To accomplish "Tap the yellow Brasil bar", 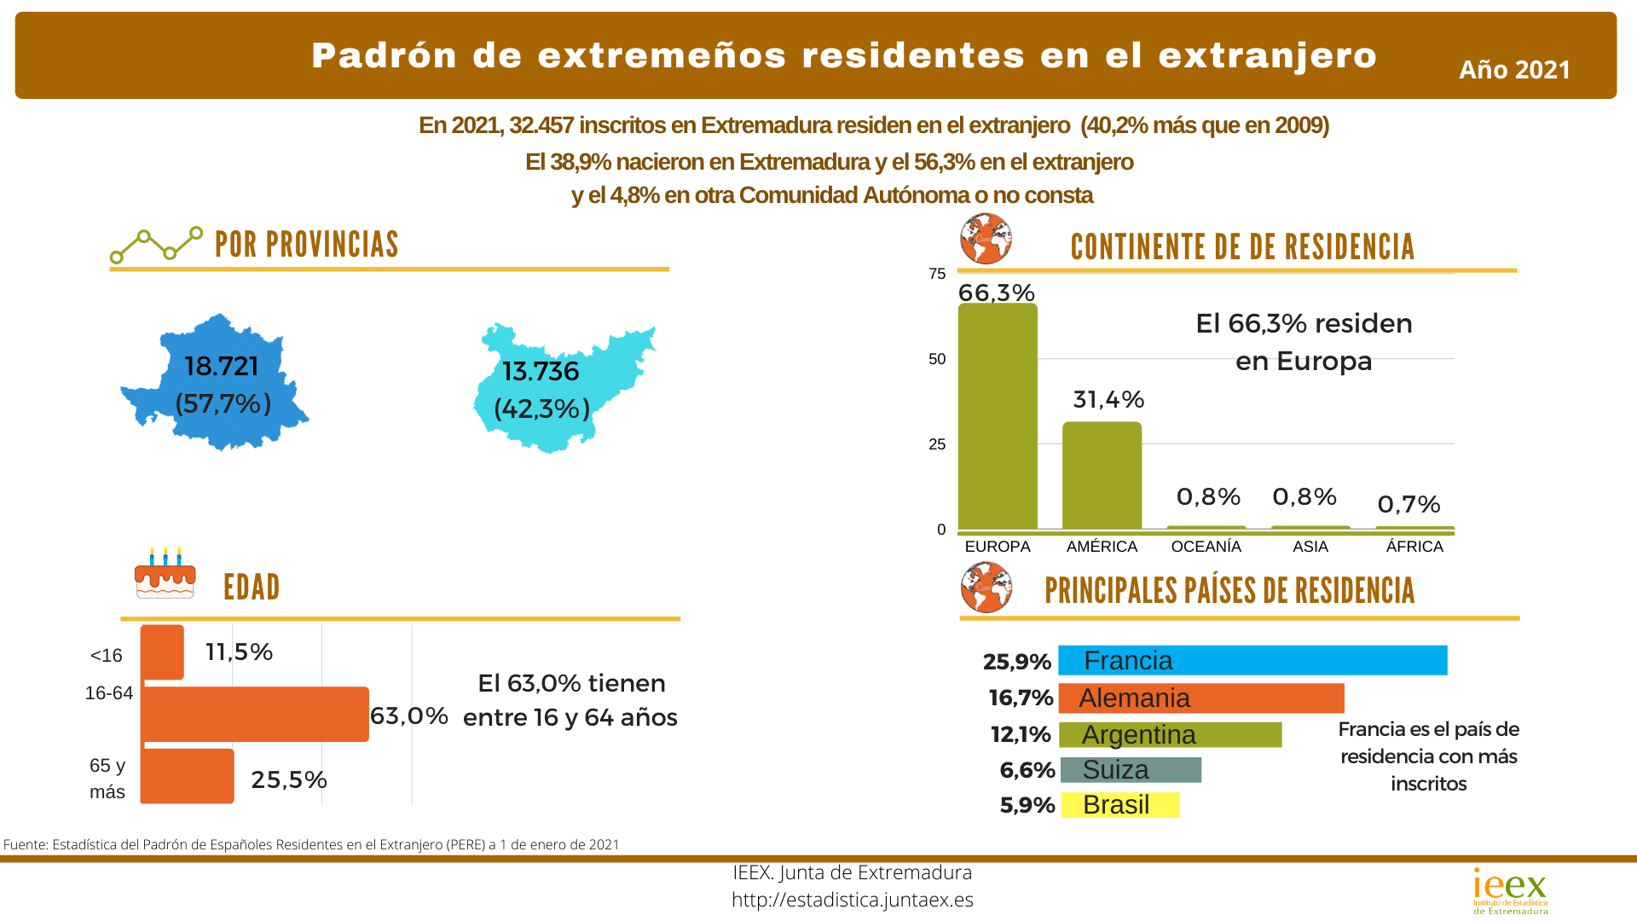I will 1120,805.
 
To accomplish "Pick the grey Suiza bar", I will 1131,770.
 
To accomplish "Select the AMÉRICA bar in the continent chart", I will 1102,475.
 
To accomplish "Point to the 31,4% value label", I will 1108,400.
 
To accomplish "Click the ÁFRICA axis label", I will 1414,547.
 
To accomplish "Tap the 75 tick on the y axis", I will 937,274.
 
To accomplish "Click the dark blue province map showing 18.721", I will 213,384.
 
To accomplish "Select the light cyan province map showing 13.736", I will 558,388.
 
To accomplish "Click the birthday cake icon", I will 165,573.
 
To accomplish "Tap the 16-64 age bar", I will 255,714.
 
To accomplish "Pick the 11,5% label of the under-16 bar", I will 239,652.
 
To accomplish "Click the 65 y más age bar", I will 187,776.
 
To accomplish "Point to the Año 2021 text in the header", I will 1514,70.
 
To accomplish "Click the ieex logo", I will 1510,891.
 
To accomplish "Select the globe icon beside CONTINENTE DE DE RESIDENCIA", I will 986,239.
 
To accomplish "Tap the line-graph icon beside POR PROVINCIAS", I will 156,245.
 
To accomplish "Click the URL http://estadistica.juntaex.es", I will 852,900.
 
